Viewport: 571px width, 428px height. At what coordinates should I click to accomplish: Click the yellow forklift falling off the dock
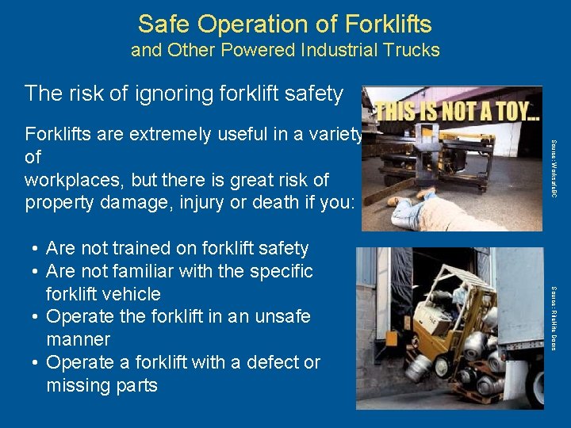444,317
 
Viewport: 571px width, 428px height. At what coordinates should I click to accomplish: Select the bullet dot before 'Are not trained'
37,249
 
